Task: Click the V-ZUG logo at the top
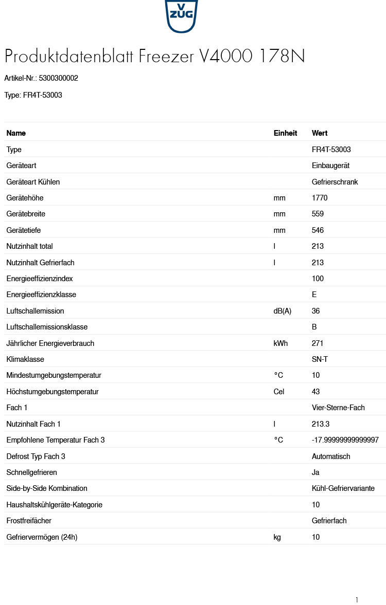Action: [x=181, y=15]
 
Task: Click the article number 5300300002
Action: [x=58, y=79]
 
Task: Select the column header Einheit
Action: [x=285, y=133]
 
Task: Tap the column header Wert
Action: [x=320, y=133]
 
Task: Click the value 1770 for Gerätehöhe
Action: [x=320, y=198]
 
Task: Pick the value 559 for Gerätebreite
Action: [x=318, y=214]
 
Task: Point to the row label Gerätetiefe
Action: [x=24, y=230]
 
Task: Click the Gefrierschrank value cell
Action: [x=335, y=182]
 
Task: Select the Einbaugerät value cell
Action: [x=330, y=166]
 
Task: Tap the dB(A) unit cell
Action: [x=282, y=311]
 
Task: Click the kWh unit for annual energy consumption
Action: [x=280, y=343]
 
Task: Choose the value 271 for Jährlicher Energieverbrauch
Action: [x=318, y=343]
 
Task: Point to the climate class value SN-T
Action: [x=320, y=359]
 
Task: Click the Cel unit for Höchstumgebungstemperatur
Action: [x=279, y=392]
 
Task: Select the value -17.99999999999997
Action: [x=345, y=440]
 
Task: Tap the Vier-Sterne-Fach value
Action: [x=338, y=408]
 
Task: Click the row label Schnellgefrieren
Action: [x=31, y=472]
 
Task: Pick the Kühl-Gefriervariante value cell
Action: [x=343, y=488]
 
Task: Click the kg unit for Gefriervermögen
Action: [x=277, y=537]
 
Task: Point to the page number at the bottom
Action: [x=357, y=600]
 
